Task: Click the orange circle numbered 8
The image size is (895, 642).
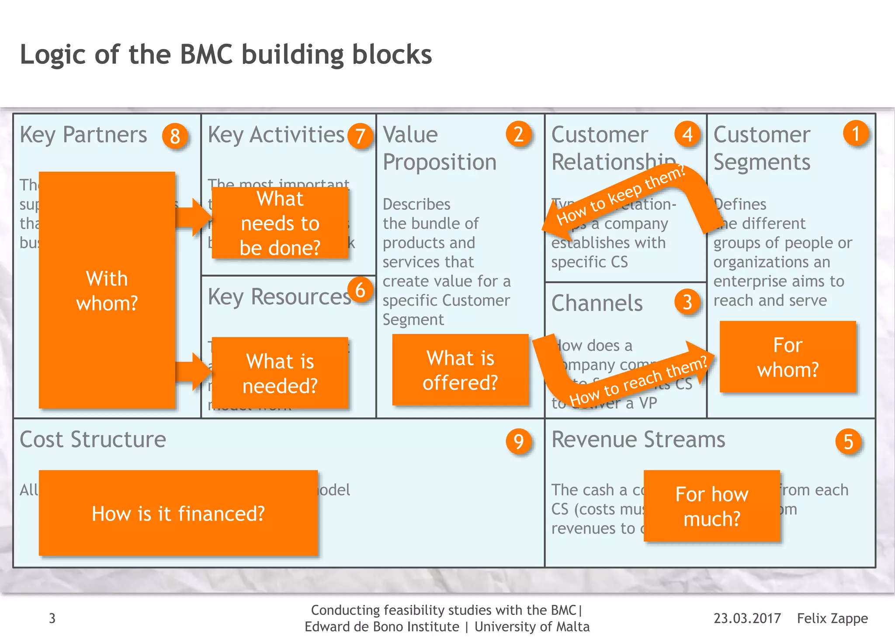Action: (x=175, y=136)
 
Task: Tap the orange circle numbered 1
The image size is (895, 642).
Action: (x=856, y=134)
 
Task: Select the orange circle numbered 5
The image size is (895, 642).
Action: (x=848, y=442)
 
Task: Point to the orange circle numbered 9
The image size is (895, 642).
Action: (x=519, y=441)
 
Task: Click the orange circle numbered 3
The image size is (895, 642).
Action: (x=687, y=302)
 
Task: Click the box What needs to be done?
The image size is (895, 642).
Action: (x=280, y=223)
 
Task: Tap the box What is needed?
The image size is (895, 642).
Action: (x=280, y=373)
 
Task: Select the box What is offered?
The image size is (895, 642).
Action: (x=460, y=370)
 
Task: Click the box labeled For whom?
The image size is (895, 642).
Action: (x=787, y=357)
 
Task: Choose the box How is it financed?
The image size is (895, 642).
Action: (x=178, y=514)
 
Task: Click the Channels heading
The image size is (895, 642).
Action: (x=597, y=303)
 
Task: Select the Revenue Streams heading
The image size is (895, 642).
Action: (x=638, y=439)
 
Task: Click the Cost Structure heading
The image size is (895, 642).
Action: (x=93, y=439)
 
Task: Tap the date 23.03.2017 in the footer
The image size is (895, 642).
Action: (x=747, y=618)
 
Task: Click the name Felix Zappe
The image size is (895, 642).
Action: (x=832, y=618)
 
